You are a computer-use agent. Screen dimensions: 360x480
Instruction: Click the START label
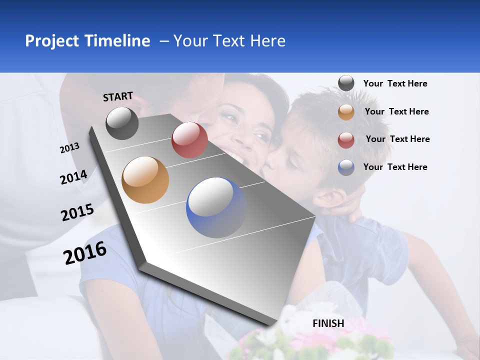(x=118, y=96)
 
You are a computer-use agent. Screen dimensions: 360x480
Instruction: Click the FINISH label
(x=328, y=323)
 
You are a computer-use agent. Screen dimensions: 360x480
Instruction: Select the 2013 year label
(x=69, y=147)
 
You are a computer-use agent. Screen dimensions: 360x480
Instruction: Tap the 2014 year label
(x=73, y=177)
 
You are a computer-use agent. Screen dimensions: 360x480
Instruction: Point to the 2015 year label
(x=77, y=212)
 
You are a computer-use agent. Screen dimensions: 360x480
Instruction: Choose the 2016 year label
(x=85, y=252)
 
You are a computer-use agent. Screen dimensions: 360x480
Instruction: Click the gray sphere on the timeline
(x=122, y=123)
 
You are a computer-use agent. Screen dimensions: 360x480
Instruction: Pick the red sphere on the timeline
(x=189, y=140)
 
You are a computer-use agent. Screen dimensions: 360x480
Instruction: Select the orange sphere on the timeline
(x=145, y=180)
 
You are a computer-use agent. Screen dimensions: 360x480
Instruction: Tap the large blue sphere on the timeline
(x=216, y=207)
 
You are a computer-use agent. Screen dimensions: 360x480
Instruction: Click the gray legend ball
(x=346, y=83)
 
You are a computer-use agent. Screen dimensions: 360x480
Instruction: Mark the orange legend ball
(x=346, y=112)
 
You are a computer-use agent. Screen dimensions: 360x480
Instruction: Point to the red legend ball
(x=346, y=139)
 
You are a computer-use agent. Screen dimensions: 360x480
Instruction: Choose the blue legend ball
(x=346, y=167)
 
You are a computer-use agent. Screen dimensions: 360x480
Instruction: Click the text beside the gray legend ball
(x=395, y=83)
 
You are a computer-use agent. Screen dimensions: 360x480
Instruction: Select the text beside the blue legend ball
(x=395, y=167)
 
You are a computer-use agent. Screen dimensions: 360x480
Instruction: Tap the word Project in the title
(x=51, y=41)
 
